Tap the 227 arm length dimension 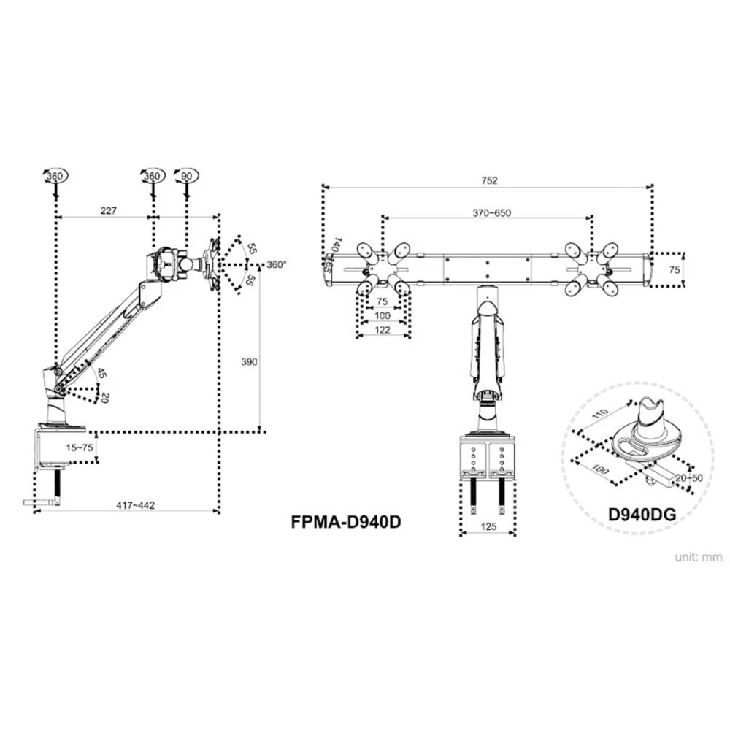pos(108,211)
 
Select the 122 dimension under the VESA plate pos(383,329)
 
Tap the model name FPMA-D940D pos(347,522)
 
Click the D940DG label pos(641,513)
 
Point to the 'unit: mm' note pos(698,557)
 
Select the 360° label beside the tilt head pos(276,264)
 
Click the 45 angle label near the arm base pos(101,373)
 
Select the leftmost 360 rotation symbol pos(55,176)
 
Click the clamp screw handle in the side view pos(42,502)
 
